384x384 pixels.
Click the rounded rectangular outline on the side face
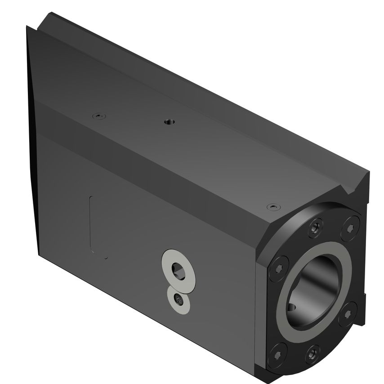[x=98, y=227]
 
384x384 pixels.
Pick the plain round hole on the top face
[x=169, y=121]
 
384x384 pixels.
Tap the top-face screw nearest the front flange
[x=270, y=207]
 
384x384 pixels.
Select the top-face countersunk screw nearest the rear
[x=98, y=116]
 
